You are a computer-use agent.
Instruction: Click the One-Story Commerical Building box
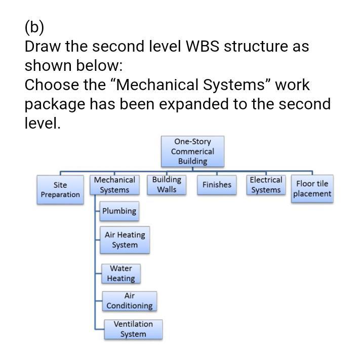point(192,151)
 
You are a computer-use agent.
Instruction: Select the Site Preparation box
point(60,190)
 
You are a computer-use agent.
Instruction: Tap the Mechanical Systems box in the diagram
point(114,185)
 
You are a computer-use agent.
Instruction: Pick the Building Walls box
point(167,185)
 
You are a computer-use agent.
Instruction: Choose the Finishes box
point(217,185)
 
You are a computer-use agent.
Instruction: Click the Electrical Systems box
point(266,185)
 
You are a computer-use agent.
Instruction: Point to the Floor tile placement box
point(312,189)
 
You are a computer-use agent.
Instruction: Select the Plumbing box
point(119,211)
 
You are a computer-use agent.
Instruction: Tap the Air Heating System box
point(125,240)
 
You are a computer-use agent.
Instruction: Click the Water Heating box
point(121,274)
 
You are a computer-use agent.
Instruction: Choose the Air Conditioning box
point(130,301)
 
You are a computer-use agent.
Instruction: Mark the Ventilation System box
point(133,329)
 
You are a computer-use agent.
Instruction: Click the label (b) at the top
point(34,26)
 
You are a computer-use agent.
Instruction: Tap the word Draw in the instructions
point(43,47)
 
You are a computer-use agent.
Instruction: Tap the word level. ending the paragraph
point(43,123)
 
